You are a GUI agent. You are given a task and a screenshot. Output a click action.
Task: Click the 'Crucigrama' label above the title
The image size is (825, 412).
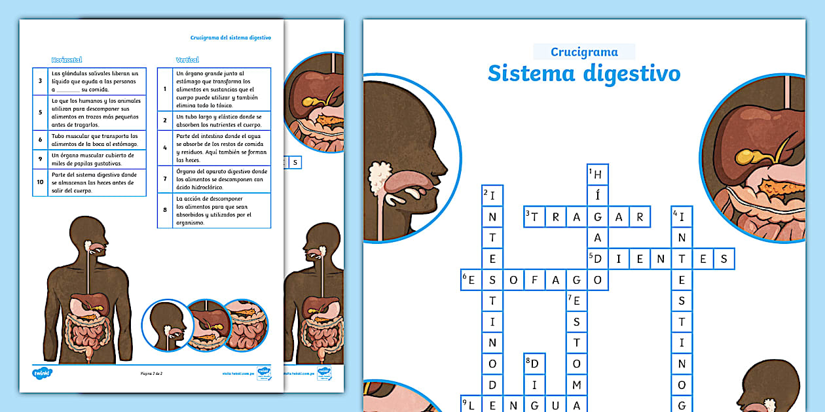point(584,52)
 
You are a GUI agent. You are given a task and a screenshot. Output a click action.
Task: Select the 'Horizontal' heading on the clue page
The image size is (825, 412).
point(66,60)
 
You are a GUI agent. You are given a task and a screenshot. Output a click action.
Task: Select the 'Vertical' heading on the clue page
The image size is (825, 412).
point(187,60)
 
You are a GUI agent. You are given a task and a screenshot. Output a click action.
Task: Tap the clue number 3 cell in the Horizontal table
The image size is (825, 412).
point(41,81)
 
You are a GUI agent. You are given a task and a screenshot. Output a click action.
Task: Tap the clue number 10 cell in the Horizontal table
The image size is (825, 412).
point(41,182)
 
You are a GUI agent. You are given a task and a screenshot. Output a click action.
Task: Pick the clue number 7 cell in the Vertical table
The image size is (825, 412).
point(166,179)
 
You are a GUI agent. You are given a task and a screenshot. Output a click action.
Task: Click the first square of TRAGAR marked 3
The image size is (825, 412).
point(535,216)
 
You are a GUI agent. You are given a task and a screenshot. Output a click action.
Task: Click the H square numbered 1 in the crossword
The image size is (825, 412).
point(598,175)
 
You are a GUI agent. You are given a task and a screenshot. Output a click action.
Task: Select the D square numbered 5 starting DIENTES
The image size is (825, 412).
point(598,259)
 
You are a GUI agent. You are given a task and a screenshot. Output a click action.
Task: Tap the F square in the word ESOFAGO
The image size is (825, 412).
point(535,280)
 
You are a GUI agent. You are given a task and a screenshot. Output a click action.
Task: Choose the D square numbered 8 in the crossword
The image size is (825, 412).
point(535,364)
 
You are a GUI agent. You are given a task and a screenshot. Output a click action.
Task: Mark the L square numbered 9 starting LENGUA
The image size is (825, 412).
point(471,405)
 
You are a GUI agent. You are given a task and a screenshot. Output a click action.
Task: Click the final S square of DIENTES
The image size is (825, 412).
point(724,259)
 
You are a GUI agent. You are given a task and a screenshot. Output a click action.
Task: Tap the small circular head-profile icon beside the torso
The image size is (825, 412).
point(167,325)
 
